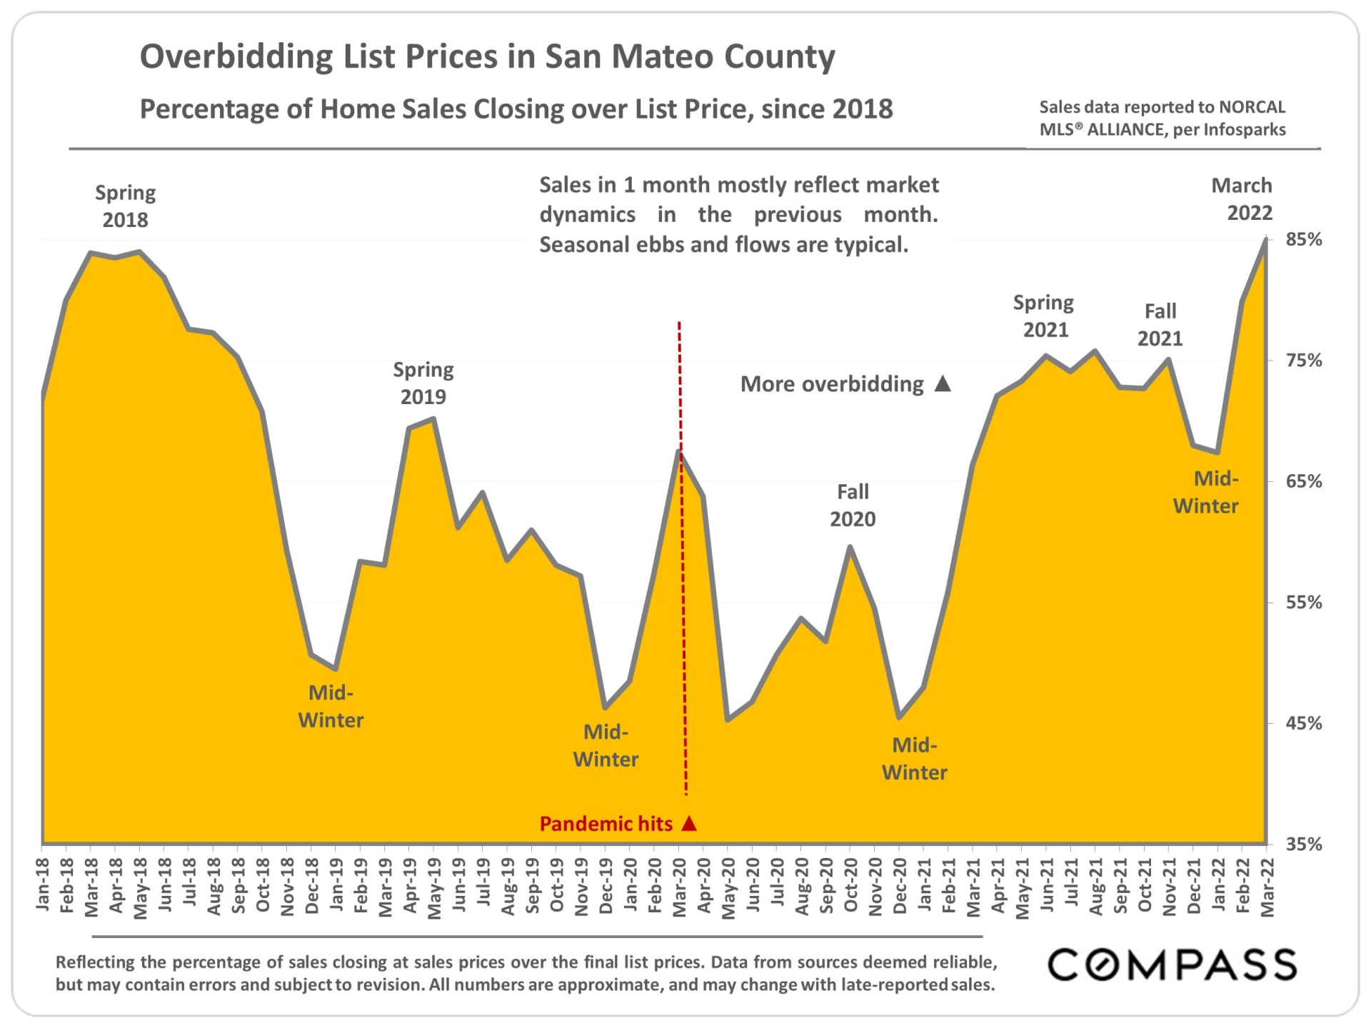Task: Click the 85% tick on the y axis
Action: [1303, 240]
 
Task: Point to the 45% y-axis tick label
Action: [1303, 723]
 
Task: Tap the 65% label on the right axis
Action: [1303, 481]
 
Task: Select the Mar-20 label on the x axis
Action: [679, 886]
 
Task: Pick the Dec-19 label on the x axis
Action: [606, 886]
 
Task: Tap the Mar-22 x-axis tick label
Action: [1267, 886]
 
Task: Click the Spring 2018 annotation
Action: [125, 206]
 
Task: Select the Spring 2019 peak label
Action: [423, 383]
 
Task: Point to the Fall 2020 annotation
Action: [853, 505]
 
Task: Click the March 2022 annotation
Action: [1242, 199]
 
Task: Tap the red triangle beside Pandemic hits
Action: [689, 824]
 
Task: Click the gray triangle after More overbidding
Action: [943, 384]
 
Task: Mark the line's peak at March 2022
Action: [1266, 240]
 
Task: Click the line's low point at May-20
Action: [728, 720]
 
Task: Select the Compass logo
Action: [1172, 965]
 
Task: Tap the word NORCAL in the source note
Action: [1252, 107]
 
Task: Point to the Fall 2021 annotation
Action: [1160, 325]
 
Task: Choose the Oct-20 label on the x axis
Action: [850, 886]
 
